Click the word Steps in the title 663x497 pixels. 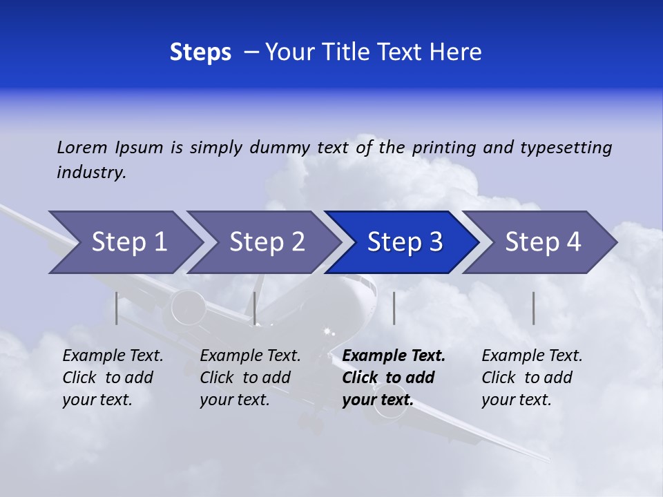(200, 52)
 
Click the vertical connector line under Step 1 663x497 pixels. (117, 308)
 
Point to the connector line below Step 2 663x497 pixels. (255, 308)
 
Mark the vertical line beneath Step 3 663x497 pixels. (394, 308)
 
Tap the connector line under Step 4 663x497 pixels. (533, 308)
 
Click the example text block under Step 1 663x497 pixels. (113, 378)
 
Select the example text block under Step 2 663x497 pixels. (250, 378)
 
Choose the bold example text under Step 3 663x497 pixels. (393, 378)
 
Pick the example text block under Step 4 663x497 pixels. (532, 378)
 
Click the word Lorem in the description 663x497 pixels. (82, 148)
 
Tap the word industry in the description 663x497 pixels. (91, 173)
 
